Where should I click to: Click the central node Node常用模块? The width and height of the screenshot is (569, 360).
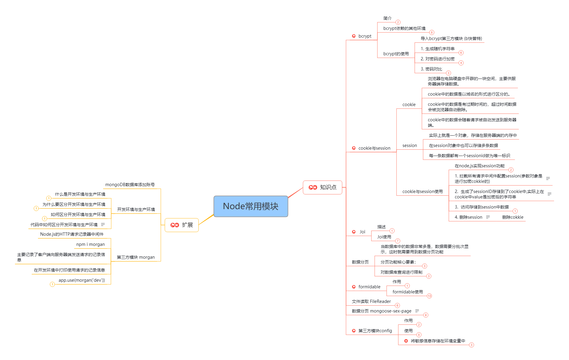coord(251,206)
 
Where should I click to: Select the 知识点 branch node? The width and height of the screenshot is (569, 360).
coord(322,187)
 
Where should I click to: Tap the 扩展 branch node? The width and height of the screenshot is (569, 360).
coord(182,225)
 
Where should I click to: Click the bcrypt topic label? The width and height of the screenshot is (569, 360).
coord(365,36)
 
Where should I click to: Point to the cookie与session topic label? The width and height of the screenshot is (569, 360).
coord(374,148)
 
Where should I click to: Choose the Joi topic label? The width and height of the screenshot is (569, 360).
coord(362,232)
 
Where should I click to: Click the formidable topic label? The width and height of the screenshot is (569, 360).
coord(369,287)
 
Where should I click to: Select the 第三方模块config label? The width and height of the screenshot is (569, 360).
coord(375,331)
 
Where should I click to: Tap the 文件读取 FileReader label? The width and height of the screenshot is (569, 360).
coord(371,301)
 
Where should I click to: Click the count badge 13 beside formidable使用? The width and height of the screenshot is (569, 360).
coord(429,296)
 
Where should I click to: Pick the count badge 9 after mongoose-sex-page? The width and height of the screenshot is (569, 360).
coord(426,315)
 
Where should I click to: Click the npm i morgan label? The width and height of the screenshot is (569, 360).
coord(91,244)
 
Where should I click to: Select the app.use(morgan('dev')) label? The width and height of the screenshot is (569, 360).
coord(82,280)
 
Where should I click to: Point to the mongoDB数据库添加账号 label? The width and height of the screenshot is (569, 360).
coord(130,185)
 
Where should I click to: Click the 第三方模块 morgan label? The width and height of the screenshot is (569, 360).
coord(136,257)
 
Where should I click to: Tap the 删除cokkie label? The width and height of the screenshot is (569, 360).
coord(513,217)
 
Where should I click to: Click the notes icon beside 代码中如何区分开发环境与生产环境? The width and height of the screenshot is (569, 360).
coord(103,224)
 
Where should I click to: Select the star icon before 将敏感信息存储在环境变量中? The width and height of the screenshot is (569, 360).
coord(406,341)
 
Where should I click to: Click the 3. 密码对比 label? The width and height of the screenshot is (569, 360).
coord(431,69)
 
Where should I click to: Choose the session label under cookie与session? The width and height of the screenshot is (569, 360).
coord(409,145)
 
